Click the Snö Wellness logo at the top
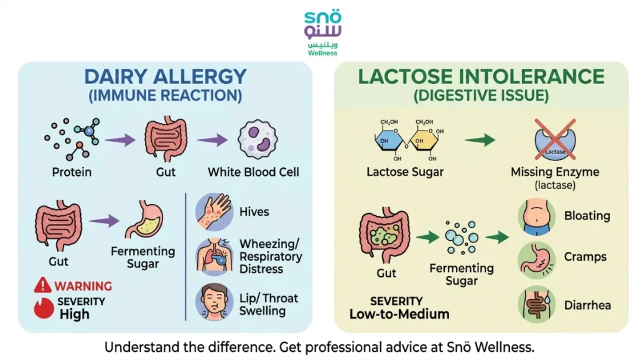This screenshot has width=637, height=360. tap(323, 32)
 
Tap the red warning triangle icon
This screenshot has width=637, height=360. tap(43, 285)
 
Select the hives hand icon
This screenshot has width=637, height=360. tap(214, 212)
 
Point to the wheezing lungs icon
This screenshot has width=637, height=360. tap(214, 257)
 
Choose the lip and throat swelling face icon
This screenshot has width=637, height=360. tap(214, 302)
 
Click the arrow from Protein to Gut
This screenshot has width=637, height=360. tap(120, 140)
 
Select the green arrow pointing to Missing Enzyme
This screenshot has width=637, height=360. tap(480, 141)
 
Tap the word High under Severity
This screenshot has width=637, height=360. tap(75, 314)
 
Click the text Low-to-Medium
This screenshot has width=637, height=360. tap(399, 314)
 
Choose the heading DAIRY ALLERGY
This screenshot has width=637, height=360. tap(165, 76)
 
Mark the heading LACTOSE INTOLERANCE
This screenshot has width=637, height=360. tap(480, 76)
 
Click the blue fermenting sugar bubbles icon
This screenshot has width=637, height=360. tap(462, 237)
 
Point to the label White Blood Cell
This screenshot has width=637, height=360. tap(253, 172)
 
